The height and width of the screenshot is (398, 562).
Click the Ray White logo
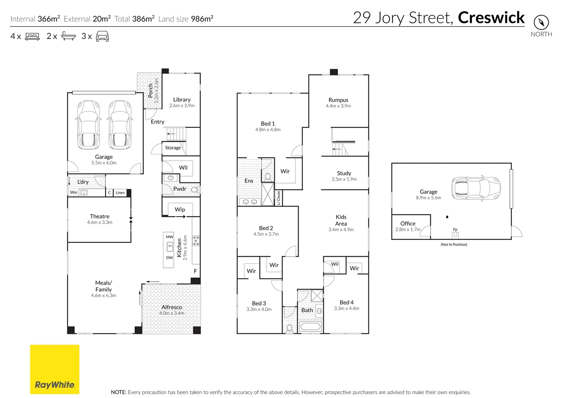pyautogui.click(x=55, y=369)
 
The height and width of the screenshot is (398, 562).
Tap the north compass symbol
pyautogui.click(x=541, y=22)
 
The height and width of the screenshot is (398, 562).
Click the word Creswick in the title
pyautogui.click(x=491, y=18)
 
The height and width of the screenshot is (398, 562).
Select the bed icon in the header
pyautogui.click(x=32, y=36)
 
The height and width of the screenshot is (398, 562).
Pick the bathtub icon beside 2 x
pyautogui.click(x=68, y=36)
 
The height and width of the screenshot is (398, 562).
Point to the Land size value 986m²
pyautogui.click(x=202, y=19)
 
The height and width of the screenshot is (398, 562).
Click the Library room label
pyautogui.click(x=182, y=99)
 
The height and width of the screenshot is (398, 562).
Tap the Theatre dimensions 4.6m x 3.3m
pyautogui.click(x=100, y=222)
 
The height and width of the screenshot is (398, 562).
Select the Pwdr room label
pyautogui.click(x=180, y=189)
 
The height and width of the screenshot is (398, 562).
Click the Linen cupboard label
pyautogui.click(x=120, y=193)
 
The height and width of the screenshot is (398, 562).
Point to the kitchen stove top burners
pyautogui.click(x=196, y=241)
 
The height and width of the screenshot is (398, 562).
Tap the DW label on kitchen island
pyautogui.click(x=169, y=258)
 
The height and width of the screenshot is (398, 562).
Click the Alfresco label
pyautogui.click(x=172, y=307)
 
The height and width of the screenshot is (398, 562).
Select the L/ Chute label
pyautogui.click(x=279, y=198)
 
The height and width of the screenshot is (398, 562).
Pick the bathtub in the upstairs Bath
pyautogui.click(x=310, y=327)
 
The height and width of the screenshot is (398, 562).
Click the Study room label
pyautogui.click(x=344, y=173)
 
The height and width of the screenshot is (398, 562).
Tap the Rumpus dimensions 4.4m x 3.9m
pyautogui.click(x=338, y=106)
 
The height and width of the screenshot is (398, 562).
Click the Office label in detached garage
pyautogui.click(x=408, y=223)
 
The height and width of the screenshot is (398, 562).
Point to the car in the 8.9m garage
pyautogui.click(x=476, y=188)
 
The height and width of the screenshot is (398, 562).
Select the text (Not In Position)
pyautogui.click(x=454, y=244)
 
